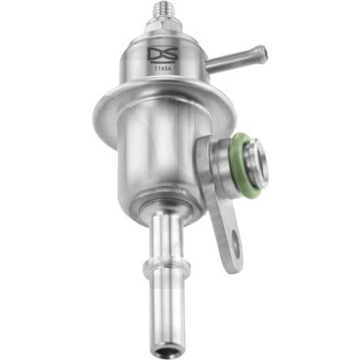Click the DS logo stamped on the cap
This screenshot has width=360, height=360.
click(163, 55)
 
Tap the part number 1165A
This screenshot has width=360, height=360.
click(163, 68)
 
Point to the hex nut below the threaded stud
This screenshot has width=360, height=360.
click(163, 25)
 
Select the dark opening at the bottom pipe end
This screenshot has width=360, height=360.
click(166, 349)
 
